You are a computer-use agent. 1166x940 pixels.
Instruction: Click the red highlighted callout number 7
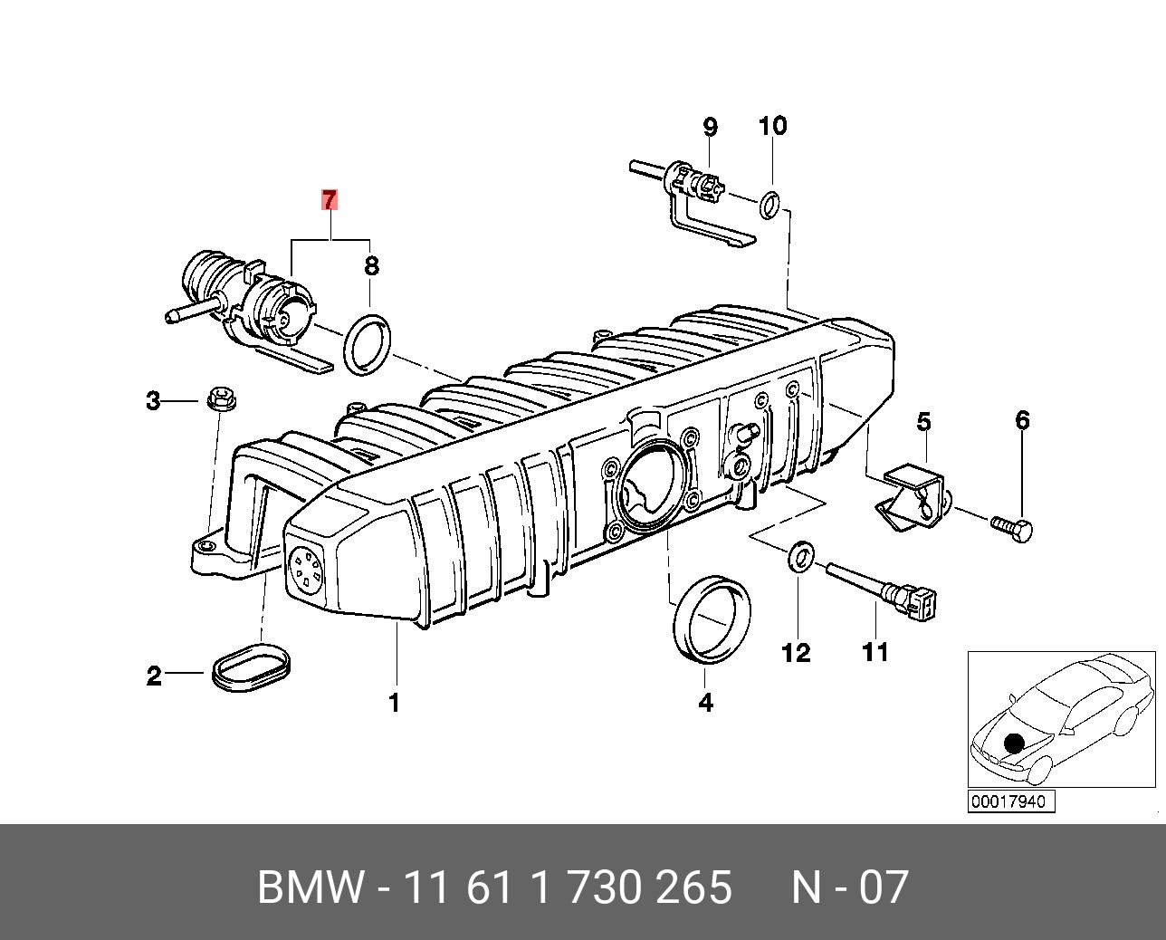330,200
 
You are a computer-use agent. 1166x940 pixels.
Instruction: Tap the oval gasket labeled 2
253,667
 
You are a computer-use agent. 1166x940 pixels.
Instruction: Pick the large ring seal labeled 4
712,622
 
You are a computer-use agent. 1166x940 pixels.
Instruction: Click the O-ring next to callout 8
368,343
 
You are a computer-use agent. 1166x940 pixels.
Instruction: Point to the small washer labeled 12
798,558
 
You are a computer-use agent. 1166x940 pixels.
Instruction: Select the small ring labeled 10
769,204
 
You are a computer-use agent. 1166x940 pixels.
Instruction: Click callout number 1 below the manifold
394,702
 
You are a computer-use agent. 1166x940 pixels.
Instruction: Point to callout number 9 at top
710,127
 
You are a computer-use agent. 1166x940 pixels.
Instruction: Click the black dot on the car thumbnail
1014,743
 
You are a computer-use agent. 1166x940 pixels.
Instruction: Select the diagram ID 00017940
1008,801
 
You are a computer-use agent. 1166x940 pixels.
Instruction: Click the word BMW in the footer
311,887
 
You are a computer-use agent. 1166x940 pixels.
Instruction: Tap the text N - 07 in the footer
849,887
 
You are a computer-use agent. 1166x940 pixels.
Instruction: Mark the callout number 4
705,702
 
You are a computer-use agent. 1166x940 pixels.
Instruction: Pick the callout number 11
874,652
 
